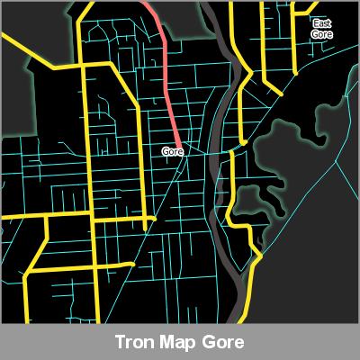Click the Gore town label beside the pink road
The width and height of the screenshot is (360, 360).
[x=173, y=151]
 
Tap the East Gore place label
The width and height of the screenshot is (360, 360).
[x=321, y=28]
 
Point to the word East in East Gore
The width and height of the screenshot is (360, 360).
[x=321, y=22]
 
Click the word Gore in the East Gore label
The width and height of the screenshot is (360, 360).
[x=321, y=33]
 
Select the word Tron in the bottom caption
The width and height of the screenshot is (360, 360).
[x=132, y=343]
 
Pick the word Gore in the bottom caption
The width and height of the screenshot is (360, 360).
[x=222, y=343]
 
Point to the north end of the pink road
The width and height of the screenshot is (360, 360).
[x=144, y=3]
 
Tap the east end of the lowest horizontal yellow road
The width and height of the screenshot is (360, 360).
[x=135, y=265]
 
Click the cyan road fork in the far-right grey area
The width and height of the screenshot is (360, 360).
[x=337, y=162]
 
